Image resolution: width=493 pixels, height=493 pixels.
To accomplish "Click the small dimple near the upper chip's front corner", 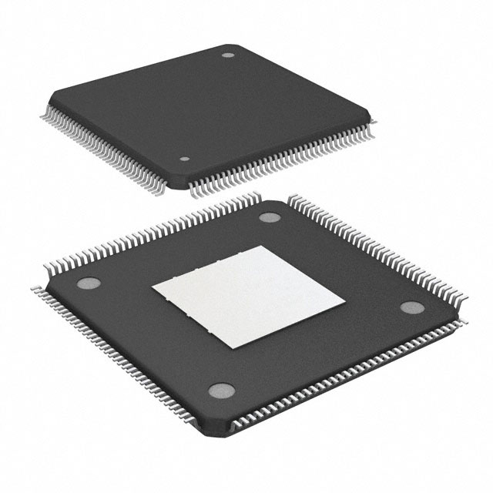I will point(184,159).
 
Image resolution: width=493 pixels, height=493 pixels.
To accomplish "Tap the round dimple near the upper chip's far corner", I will point(228,55).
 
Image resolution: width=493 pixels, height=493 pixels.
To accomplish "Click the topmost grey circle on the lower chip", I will point(269,216).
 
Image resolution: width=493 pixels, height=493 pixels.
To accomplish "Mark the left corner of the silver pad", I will point(152,287).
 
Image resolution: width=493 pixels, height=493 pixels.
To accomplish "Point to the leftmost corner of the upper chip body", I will point(51,98).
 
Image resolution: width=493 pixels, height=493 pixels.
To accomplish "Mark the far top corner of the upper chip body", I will point(232,45).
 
